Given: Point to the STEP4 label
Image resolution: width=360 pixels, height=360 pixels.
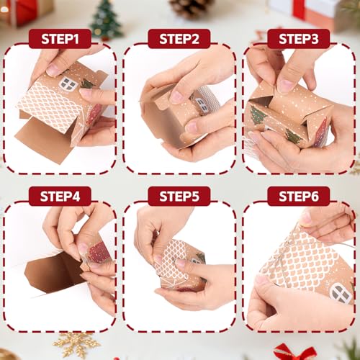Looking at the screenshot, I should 60,196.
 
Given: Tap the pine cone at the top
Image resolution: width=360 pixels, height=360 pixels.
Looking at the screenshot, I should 192,8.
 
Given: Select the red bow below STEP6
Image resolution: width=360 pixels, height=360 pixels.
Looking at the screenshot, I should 294,352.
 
